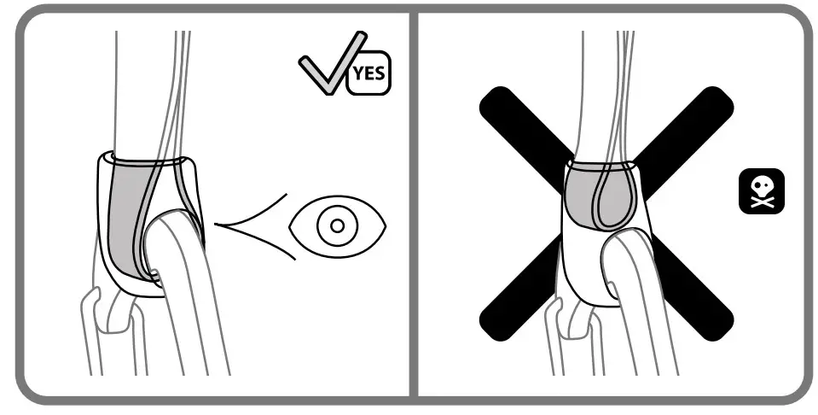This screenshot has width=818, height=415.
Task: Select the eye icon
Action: [337, 225]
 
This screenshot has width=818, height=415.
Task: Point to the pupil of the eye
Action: [337, 225]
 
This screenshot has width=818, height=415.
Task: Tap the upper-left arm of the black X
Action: [516, 124]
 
